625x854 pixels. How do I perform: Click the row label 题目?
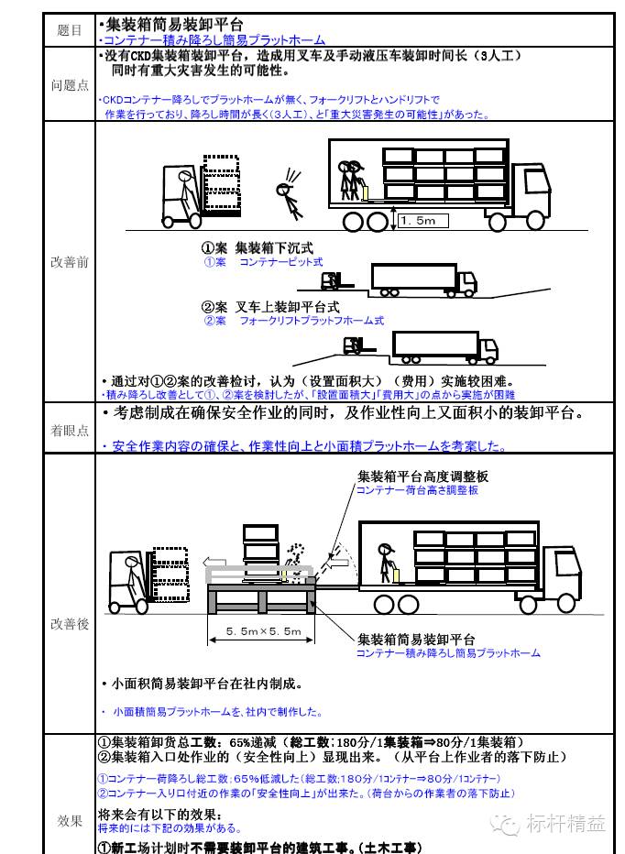click(x=69, y=30)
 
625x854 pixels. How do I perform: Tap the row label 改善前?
click(x=69, y=262)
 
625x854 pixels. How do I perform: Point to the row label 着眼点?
click(x=69, y=431)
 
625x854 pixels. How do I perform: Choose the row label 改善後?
click(x=69, y=624)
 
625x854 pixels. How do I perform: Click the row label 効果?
click(x=69, y=821)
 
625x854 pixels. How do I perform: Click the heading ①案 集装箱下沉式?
click(x=258, y=248)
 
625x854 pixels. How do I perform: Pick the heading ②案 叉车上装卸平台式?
click(x=269, y=308)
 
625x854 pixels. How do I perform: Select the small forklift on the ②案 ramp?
click(x=352, y=345)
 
